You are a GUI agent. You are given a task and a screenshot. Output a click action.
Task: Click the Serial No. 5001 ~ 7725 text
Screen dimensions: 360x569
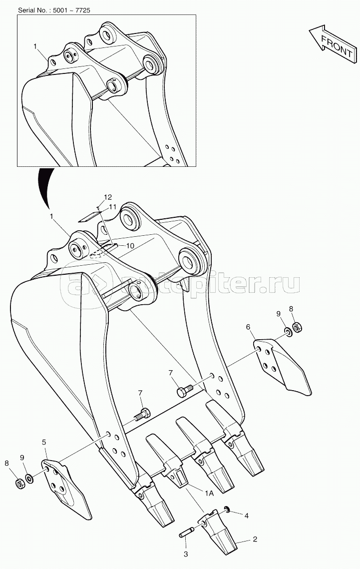pyautogui.click(x=54, y=10)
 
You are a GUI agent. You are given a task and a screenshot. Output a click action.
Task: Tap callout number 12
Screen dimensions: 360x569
pyautogui.click(x=108, y=197)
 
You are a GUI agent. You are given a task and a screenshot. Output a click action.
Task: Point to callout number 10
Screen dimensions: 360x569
pyautogui.click(x=130, y=246)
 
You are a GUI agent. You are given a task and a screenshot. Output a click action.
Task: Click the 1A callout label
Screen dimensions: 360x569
pyautogui.click(x=210, y=493)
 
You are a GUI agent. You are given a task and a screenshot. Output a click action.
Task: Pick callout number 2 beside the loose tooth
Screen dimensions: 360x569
pyautogui.click(x=255, y=540)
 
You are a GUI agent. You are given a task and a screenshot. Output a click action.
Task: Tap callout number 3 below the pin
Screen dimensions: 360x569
pyautogui.click(x=186, y=555)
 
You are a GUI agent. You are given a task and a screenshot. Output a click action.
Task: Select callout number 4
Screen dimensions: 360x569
pyautogui.click(x=246, y=516)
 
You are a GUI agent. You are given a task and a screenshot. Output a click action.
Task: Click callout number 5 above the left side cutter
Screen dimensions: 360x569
pyautogui.click(x=44, y=442)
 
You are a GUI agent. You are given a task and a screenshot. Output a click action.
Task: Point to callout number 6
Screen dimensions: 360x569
pyautogui.click(x=248, y=327)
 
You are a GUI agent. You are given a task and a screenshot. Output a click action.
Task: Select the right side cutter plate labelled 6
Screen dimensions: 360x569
pyautogui.click(x=281, y=364)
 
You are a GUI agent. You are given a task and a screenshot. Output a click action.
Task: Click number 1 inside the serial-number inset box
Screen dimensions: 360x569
pyautogui.click(x=35, y=46)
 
